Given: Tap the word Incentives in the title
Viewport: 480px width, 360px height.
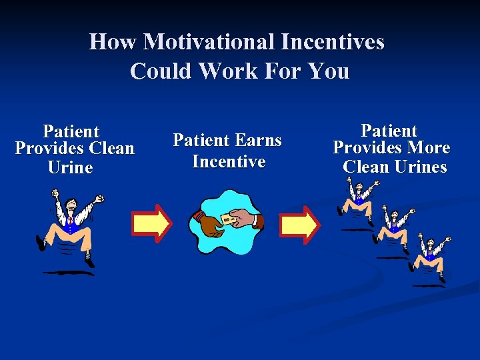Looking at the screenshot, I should click(333, 42).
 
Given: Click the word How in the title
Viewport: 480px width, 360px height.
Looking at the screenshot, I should click(113, 42).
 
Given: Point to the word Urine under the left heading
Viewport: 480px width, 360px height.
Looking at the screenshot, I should click(71, 167).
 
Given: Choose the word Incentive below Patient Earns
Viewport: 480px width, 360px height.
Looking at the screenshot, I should click(229, 161).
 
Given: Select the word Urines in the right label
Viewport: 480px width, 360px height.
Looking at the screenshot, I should click(420, 167).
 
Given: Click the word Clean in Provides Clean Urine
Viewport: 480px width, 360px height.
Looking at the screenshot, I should click(110, 148).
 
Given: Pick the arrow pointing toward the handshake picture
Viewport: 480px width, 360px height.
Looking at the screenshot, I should click(151, 223).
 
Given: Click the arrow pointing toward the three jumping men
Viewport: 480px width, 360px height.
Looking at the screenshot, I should click(299, 224).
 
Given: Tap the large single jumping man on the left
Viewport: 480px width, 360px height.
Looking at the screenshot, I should click(69, 227).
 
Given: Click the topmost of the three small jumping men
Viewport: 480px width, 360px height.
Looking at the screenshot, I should click(359, 197).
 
